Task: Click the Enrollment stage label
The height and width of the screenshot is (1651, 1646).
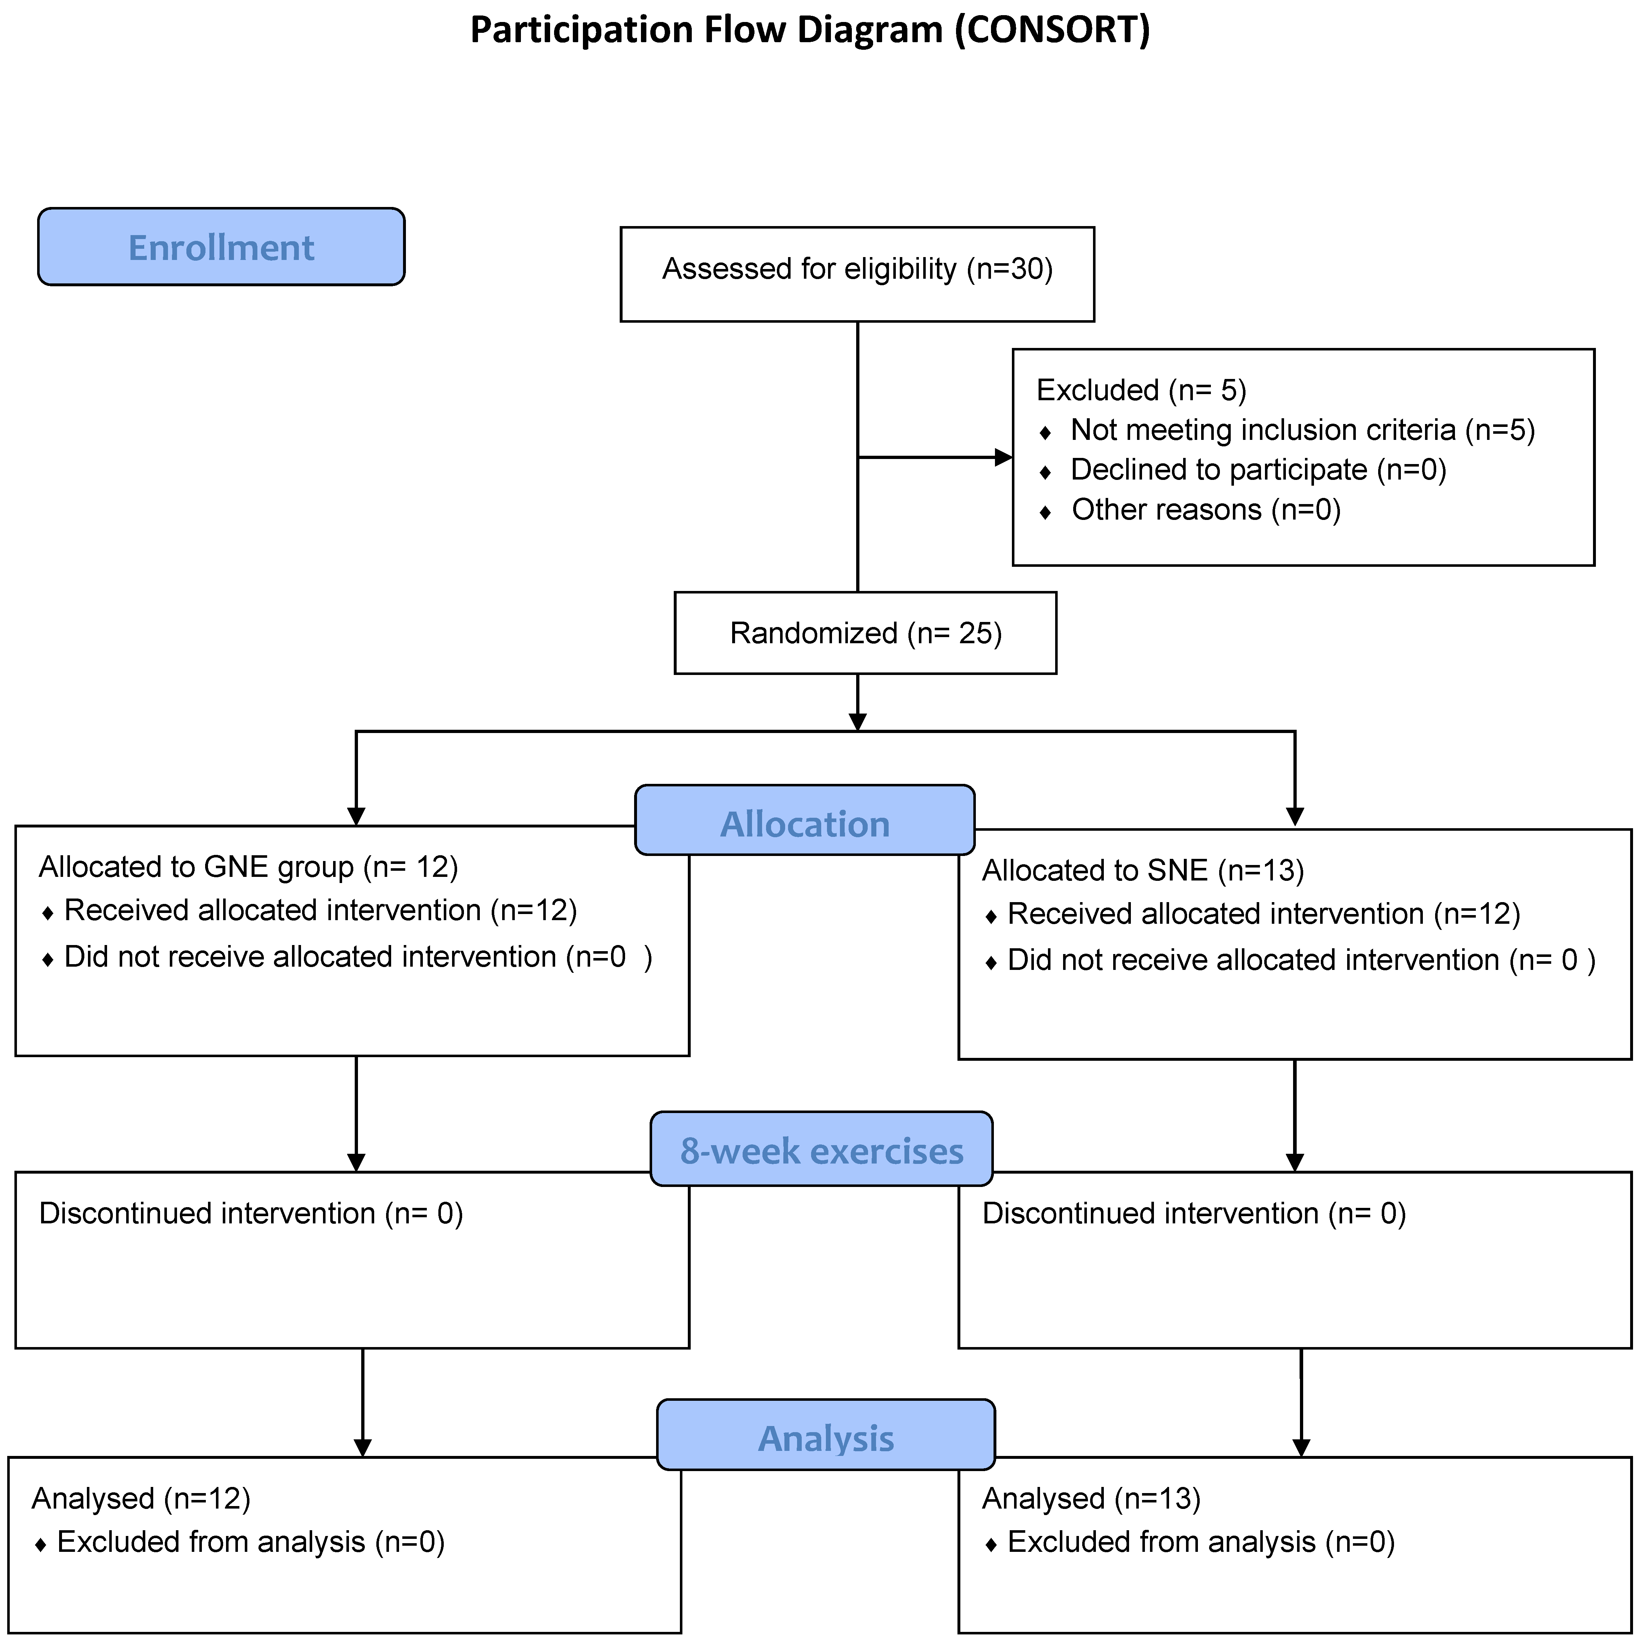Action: pyautogui.click(x=221, y=248)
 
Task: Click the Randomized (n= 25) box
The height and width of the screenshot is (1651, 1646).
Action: pyautogui.click(x=865, y=633)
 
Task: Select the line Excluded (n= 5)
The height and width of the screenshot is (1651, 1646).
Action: pyautogui.click(x=1141, y=390)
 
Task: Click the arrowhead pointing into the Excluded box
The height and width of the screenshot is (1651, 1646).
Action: pyautogui.click(x=1004, y=458)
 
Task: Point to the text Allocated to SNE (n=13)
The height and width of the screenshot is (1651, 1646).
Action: pyautogui.click(x=1143, y=871)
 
